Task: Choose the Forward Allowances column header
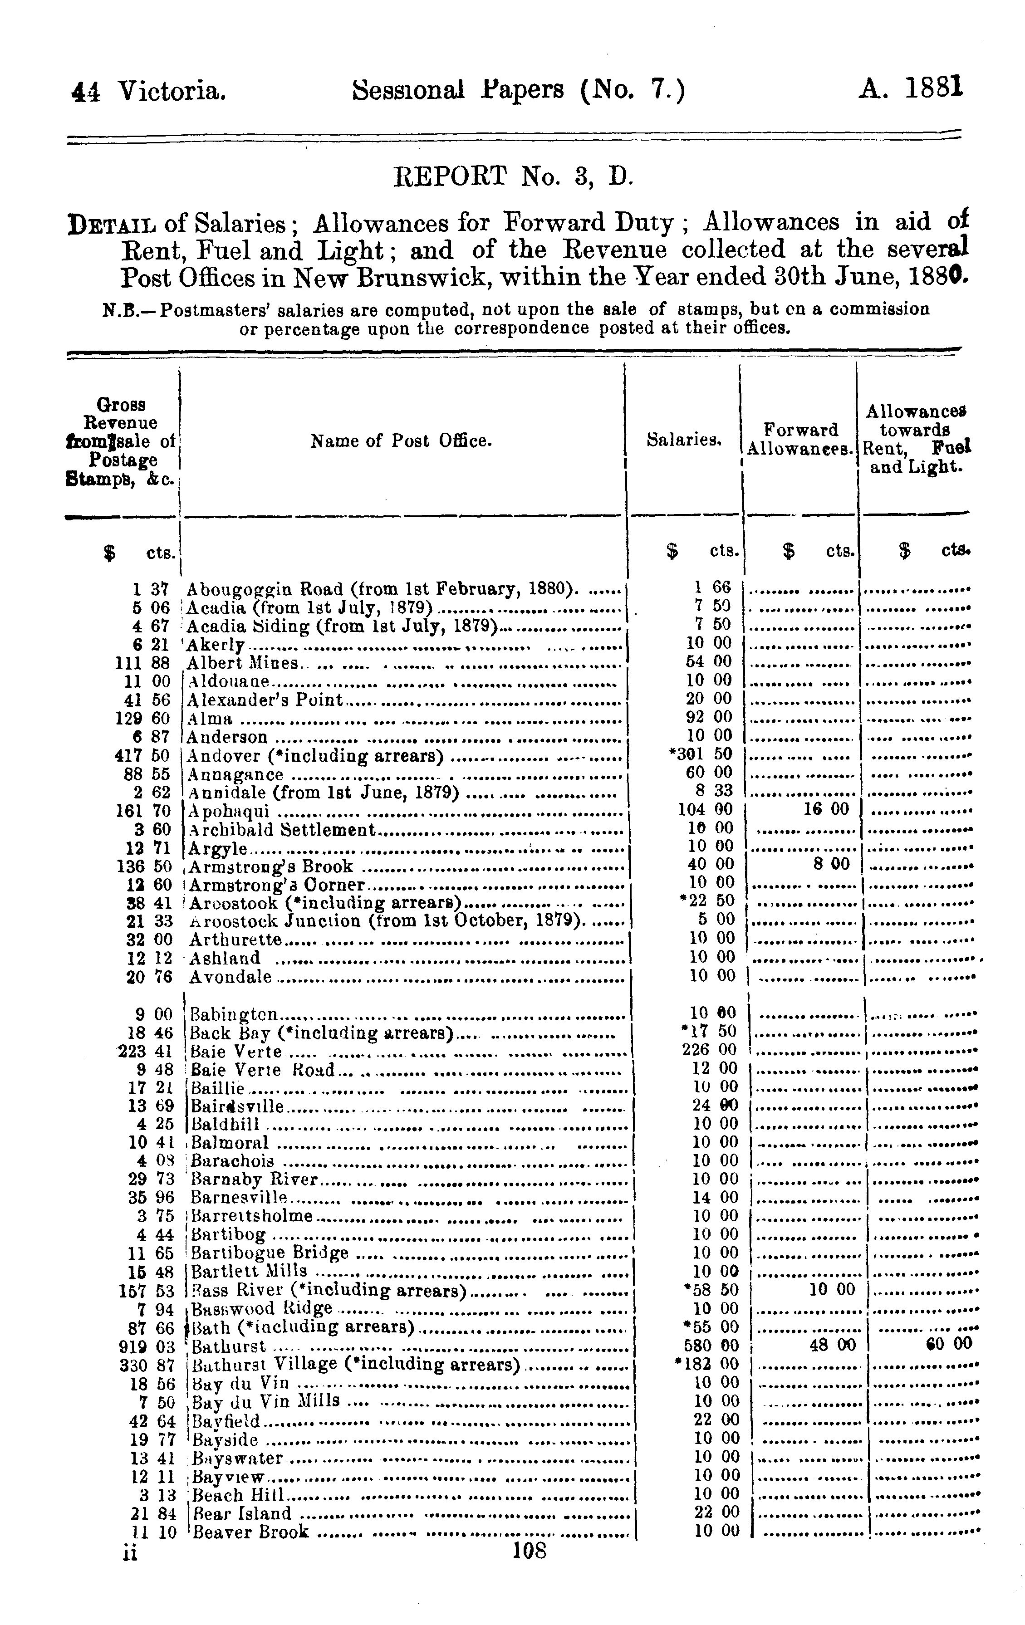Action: tap(800, 439)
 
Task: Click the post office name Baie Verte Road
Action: tap(263, 1070)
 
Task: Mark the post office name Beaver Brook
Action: tap(250, 1532)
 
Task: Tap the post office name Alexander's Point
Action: tap(265, 700)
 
